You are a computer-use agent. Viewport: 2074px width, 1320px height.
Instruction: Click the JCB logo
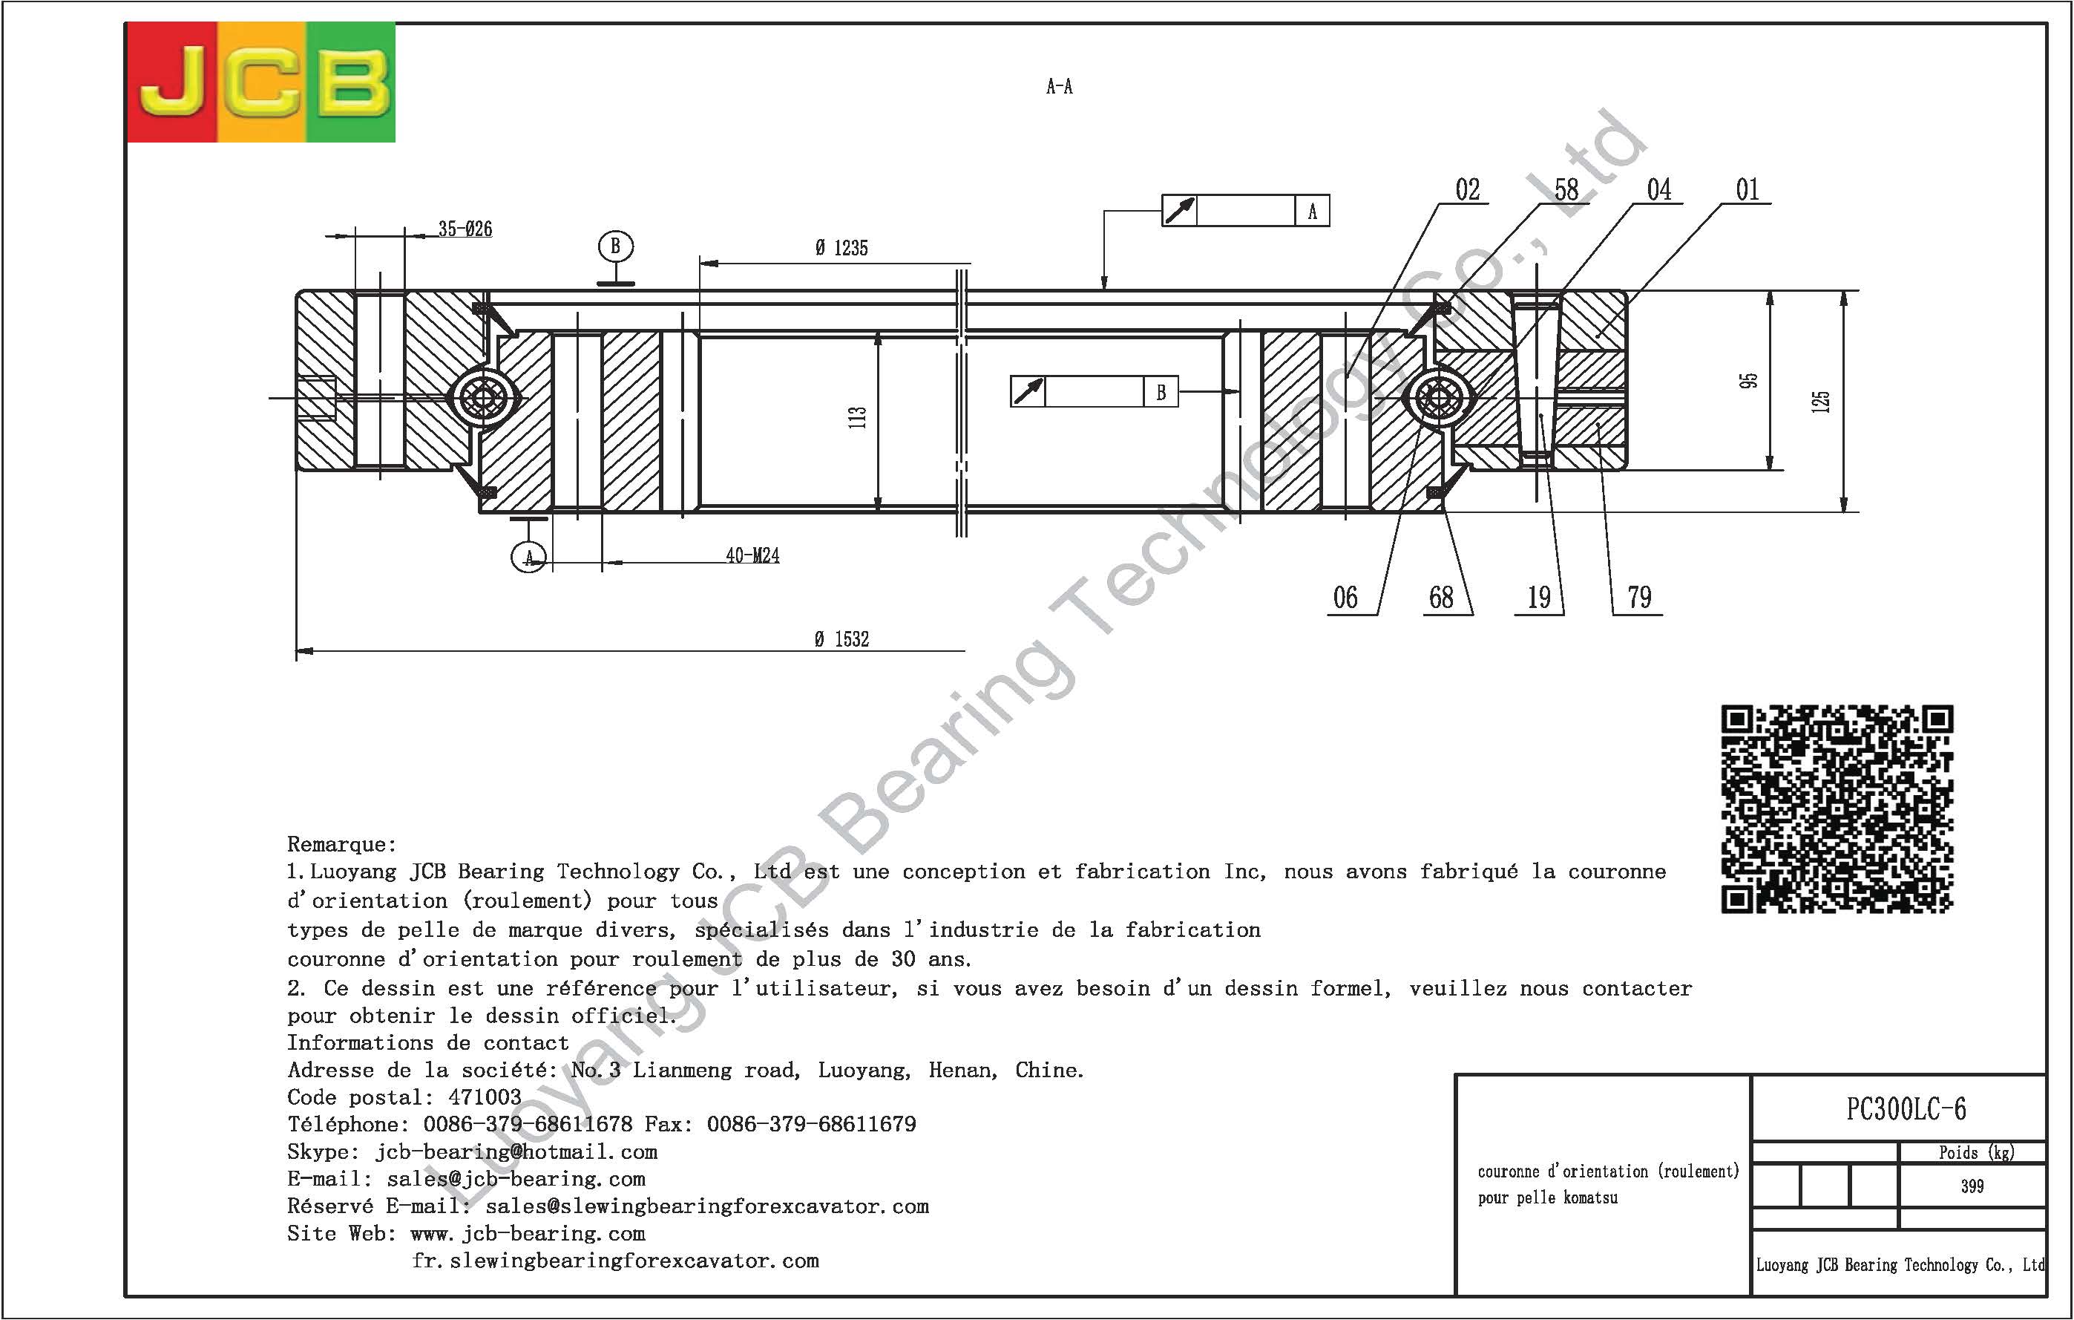(x=261, y=82)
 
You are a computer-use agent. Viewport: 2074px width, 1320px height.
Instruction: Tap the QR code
(x=1837, y=808)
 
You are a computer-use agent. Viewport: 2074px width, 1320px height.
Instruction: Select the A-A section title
(x=1060, y=86)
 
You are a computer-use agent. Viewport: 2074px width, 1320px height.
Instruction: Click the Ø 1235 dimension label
(x=841, y=248)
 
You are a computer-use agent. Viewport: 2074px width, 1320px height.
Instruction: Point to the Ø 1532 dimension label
(x=841, y=638)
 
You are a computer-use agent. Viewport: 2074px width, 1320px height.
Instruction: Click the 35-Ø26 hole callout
(x=465, y=229)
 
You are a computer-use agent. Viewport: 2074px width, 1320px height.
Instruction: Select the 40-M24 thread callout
(x=752, y=556)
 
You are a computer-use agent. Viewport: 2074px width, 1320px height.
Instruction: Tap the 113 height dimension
(x=857, y=418)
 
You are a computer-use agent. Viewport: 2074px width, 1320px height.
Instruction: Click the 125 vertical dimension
(x=1820, y=402)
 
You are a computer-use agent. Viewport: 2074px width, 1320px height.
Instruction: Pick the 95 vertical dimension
(x=1748, y=380)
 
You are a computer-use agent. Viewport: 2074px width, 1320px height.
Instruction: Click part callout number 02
(x=1468, y=189)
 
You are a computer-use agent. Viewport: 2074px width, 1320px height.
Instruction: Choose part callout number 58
(x=1566, y=189)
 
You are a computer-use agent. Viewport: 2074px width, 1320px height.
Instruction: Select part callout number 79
(x=1640, y=597)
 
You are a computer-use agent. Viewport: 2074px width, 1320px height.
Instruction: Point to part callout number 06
(x=1345, y=597)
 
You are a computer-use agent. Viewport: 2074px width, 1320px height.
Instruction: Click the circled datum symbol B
(x=615, y=246)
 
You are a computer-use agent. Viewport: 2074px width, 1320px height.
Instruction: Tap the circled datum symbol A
(x=528, y=558)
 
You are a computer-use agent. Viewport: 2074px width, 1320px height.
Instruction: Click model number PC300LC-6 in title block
(x=1906, y=1109)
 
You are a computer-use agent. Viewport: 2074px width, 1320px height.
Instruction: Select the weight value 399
(x=1972, y=1186)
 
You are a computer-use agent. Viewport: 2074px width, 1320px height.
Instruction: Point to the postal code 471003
(x=485, y=1097)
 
